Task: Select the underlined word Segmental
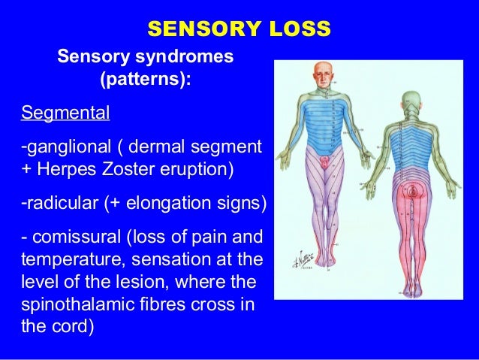click(x=65, y=114)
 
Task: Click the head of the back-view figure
click(x=411, y=101)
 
